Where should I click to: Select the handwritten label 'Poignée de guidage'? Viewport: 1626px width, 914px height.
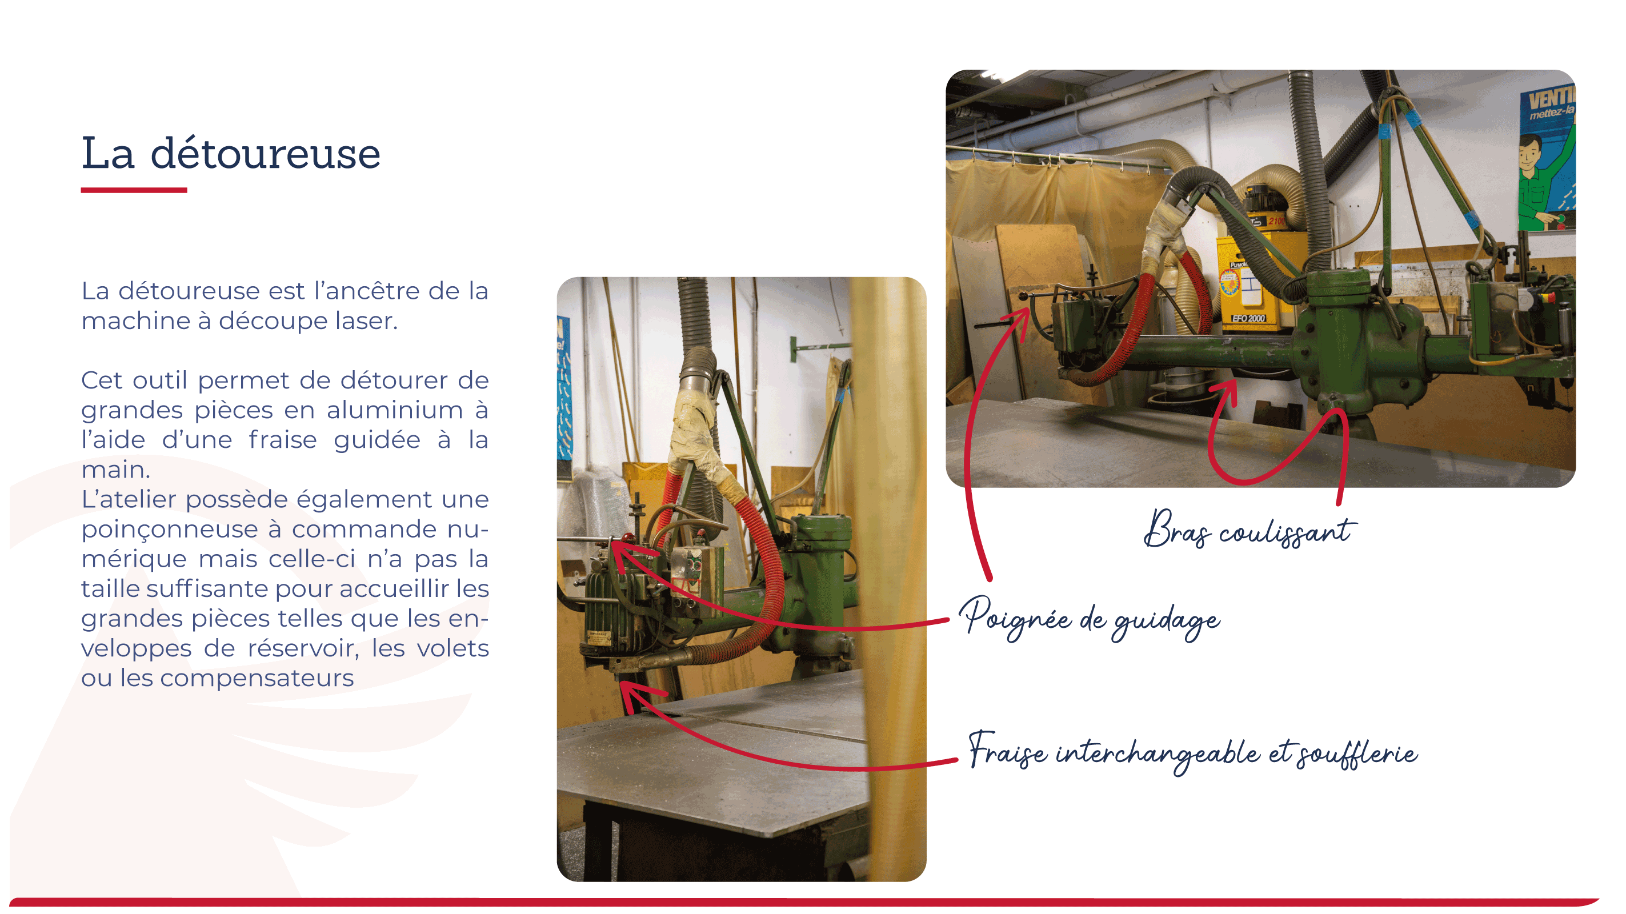(1090, 619)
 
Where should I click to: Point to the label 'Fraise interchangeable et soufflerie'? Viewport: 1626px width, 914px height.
(1193, 752)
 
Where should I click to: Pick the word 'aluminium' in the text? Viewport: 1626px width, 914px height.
(395, 410)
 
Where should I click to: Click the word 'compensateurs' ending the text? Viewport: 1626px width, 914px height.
(257, 679)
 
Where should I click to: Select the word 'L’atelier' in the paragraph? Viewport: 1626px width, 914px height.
(129, 499)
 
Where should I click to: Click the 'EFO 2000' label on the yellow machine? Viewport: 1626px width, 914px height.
(1248, 319)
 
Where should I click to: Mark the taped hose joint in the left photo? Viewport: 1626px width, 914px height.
(698, 435)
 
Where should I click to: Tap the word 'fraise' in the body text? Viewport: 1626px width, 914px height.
(282, 440)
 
